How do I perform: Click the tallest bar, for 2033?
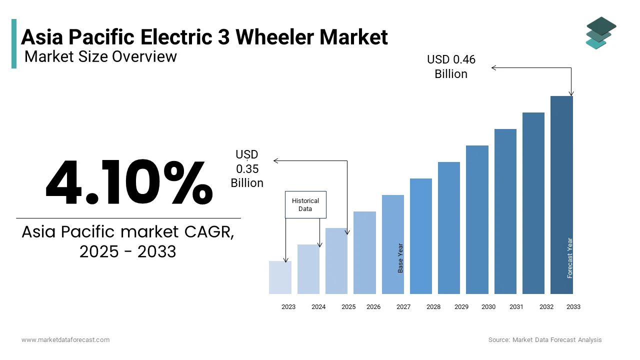561,195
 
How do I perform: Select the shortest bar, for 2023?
280,277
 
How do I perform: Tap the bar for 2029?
449,228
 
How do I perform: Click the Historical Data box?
305,204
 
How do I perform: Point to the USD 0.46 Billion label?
451,67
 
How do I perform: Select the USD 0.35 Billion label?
247,169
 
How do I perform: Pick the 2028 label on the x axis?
433,307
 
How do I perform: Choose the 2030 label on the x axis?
488,307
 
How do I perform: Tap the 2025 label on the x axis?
348,307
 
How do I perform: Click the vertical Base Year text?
400,258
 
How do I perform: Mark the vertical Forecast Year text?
570,258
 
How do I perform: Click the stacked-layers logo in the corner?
600,32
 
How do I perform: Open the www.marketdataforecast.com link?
65,340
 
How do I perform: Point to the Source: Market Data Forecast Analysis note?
545,340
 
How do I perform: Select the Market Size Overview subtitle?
100,56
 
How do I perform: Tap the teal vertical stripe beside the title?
14,43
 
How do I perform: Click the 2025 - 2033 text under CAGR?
128,251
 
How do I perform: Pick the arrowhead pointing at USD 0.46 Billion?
494,68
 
